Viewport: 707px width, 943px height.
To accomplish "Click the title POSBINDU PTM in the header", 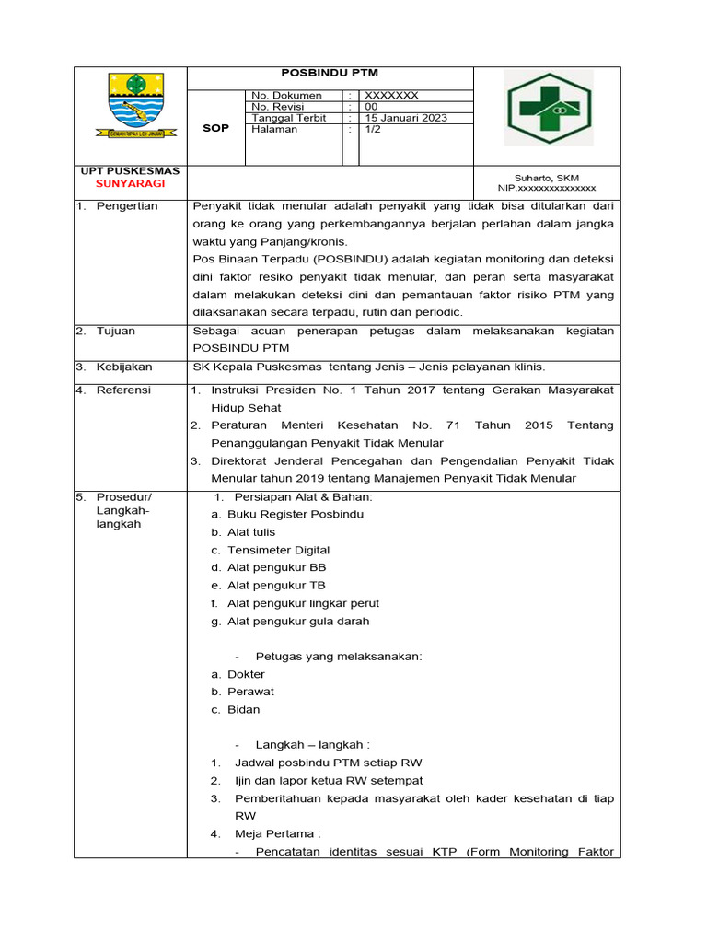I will point(329,73).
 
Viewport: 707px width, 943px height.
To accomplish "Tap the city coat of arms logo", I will point(129,105).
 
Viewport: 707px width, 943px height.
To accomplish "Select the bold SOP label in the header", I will point(215,129).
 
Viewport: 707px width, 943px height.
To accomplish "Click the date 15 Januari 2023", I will point(406,118).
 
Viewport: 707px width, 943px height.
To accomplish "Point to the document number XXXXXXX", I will point(392,95).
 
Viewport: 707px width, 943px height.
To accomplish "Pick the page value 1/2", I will point(373,129).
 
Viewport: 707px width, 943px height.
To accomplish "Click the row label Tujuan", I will point(117,331).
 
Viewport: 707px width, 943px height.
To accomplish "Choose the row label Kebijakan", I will point(124,367).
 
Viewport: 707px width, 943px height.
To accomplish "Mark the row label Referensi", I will point(125,390).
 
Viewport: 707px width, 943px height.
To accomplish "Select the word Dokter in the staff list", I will point(246,674).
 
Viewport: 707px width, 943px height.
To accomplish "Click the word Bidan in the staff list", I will point(244,709).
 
